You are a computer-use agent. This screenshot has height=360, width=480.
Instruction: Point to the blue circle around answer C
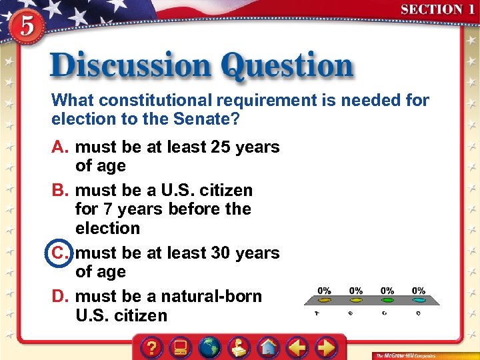tap(61, 253)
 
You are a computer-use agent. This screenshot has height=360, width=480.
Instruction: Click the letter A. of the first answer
tap(61, 147)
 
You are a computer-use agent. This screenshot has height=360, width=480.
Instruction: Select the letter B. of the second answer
tap(61, 190)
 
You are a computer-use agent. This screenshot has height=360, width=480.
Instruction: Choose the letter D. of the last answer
tap(61, 296)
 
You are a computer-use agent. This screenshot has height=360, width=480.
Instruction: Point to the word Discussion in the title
tap(130, 67)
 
